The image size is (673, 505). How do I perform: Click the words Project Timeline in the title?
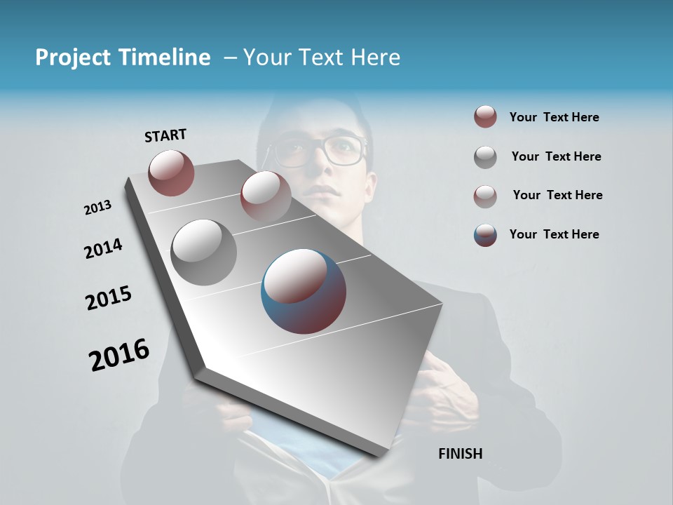(123, 58)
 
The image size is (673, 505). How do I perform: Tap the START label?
(165, 135)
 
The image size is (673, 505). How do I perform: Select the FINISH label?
(460, 454)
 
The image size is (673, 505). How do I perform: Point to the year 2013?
(97, 208)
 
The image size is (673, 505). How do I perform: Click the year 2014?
(103, 249)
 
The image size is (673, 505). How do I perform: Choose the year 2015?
(109, 298)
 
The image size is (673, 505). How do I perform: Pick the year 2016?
(119, 355)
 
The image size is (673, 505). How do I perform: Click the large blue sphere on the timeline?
(304, 291)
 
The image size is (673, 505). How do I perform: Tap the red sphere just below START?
(171, 173)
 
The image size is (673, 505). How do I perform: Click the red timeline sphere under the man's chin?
(265, 196)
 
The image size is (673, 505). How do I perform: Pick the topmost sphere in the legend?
(485, 117)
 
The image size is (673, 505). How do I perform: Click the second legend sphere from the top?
(485, 157)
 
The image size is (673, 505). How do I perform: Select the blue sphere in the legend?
(485, 235)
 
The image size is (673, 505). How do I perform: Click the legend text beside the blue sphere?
(554, 234)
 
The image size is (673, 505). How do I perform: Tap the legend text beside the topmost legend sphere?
(554, 117)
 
